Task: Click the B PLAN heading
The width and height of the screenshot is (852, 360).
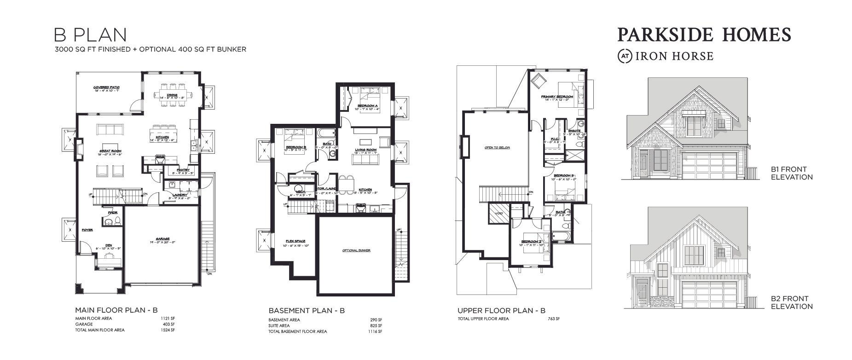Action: [90, 35]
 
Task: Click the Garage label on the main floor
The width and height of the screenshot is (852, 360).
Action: [162, 238]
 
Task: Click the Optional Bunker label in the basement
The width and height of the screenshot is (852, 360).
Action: [356, 250]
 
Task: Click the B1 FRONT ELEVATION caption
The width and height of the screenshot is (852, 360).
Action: [791, 173]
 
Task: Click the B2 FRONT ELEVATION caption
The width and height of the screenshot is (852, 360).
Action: [791, 302]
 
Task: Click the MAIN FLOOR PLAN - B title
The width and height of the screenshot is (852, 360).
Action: [116, 310]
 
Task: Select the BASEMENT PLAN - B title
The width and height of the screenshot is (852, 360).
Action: [307, 311]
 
